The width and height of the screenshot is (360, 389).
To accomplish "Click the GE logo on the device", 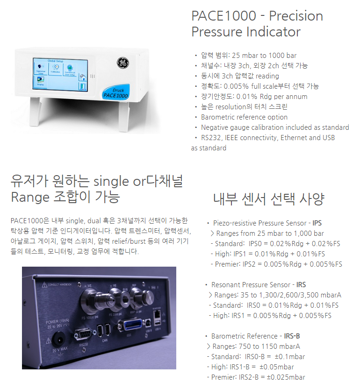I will tap(123, 62).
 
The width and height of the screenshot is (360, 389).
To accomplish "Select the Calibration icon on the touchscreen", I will tap(56, 68).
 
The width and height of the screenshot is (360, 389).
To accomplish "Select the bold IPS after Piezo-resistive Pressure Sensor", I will tap(317, 223).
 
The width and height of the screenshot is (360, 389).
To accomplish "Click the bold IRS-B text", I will tap(292, 336).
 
